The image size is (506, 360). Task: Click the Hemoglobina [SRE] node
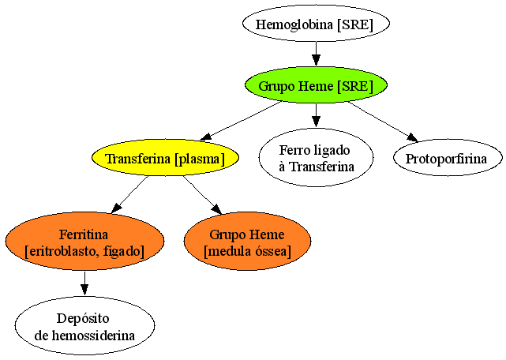(316, 24)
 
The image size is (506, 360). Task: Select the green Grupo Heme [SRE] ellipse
(316, 85)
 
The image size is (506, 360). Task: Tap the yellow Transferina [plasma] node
(165, 158)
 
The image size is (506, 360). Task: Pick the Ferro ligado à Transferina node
(317, 158)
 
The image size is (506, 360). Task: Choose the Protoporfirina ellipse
(448, 158)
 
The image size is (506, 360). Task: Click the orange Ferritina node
(84, 241)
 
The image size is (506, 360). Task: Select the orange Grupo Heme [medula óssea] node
(248, 241)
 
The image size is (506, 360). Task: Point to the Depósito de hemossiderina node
(84, 325)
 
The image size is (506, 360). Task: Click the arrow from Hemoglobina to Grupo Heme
(316, 54)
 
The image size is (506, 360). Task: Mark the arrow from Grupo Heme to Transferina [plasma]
(241, 121)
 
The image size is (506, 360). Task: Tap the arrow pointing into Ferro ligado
(316, 115)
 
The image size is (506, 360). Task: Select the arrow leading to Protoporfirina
(384, 122)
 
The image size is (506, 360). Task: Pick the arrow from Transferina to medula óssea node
(203, 195)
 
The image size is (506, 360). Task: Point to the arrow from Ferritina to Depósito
(84, 283)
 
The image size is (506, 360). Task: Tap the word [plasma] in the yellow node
(199, 159)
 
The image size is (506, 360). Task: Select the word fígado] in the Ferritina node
(124, 252)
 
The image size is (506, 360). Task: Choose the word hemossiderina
(93, 336)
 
